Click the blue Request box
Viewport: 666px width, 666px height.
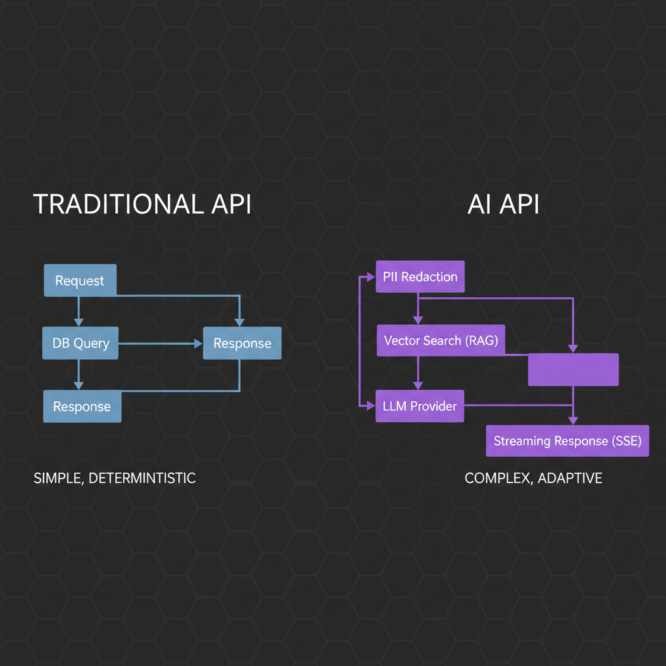(x=79, y=280)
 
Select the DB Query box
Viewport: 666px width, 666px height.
(x=81, y=343)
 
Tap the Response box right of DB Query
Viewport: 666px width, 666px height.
(x=242, y=343)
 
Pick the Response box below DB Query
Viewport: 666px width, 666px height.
(x=82, y=406)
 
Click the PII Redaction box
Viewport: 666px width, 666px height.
(x=420, y=276)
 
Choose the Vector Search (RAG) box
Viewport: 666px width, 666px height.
(x=441, y=340)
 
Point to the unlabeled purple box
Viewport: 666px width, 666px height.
(x=572, y=369)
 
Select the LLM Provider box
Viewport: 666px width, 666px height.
(x=420, y=406)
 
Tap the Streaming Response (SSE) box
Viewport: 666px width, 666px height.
(x=567, y=441)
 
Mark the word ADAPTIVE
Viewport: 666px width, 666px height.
(x=571, y=478)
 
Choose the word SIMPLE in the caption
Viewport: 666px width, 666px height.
(x=57, y=478)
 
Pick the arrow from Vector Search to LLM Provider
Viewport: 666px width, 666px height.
(x=418, y=375)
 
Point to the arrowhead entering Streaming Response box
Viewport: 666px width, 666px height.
(x=572, y=421)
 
